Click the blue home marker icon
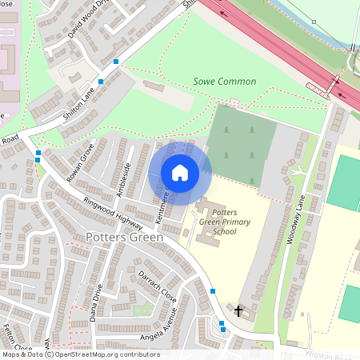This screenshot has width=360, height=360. click(x=180, y=172)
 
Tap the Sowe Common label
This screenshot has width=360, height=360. click(x=225, y=82)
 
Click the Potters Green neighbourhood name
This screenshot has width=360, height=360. click(x=124, y=238)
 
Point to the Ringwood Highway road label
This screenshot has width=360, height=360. click(x=118, y=210)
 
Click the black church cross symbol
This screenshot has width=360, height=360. click(x=238, y=310)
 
